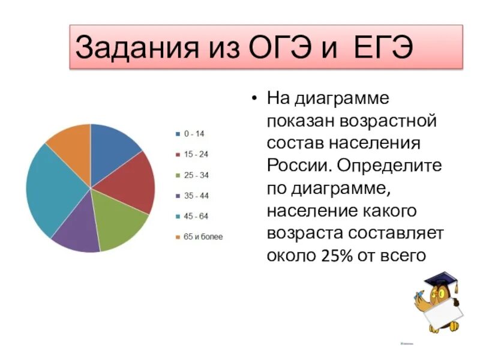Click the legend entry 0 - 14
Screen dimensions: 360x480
194,133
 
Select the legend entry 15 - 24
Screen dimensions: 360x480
196,154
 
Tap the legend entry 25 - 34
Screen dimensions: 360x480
196,175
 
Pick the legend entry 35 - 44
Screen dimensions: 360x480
196,196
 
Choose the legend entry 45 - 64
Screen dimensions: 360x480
196,216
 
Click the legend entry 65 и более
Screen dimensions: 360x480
203,237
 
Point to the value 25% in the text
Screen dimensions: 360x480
340,256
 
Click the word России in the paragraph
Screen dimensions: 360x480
299,164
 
